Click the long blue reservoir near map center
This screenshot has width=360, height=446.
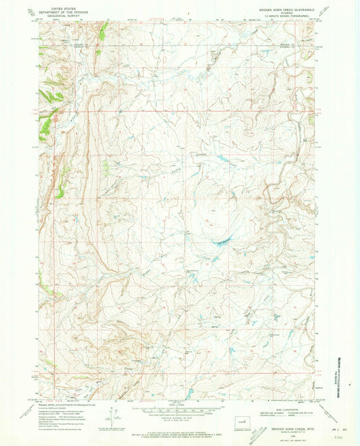223,241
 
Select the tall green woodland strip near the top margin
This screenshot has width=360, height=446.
103,30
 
